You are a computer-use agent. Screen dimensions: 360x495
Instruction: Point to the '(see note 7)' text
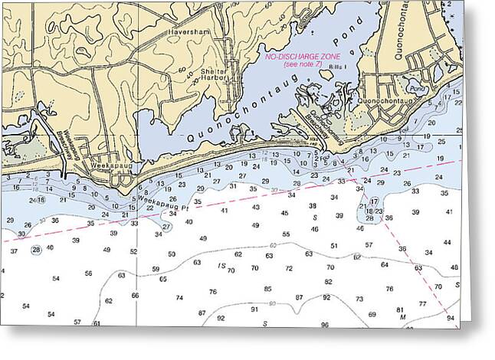303,64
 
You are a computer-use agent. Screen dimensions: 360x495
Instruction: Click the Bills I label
339,69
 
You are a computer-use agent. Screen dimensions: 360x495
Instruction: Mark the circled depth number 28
36,250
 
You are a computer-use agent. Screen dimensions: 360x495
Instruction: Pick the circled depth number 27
166,227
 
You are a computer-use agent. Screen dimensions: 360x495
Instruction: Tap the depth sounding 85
267,289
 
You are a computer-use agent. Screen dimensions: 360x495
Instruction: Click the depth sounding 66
136,295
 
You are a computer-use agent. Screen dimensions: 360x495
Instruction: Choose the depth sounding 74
179,298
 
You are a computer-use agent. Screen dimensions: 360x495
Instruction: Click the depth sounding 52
133,251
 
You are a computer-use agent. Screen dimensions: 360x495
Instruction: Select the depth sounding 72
289,269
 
